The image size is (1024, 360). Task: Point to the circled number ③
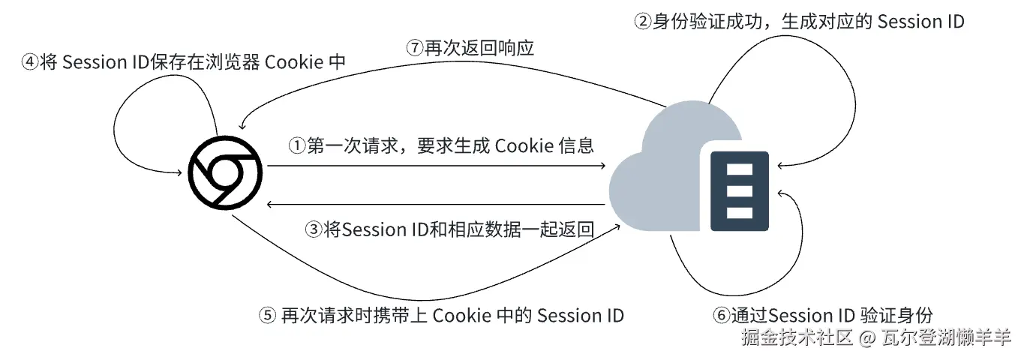tap(314, 229)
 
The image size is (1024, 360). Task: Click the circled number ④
tap(29, 62)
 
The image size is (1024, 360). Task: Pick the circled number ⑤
tap(267, 315)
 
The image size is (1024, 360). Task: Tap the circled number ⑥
tap(720, 315)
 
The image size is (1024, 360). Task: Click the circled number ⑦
tap(416, 47)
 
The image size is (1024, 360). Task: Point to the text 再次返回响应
tap(479, 47)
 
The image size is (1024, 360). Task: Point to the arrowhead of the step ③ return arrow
tap(272, 204)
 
